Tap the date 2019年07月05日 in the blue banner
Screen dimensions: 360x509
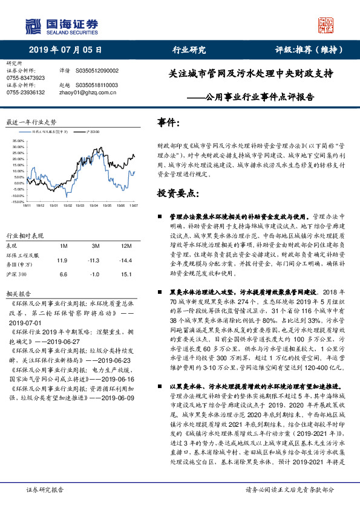(x=65, y=50)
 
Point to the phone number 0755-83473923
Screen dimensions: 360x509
(x=25, y=78)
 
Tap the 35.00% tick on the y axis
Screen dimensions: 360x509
(x=18, y=140)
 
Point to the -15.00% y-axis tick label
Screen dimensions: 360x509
(x=16, y=202)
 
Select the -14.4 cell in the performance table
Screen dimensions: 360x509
(x=126, y=261)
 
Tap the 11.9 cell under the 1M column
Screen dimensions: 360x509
(x=62, y=261)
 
